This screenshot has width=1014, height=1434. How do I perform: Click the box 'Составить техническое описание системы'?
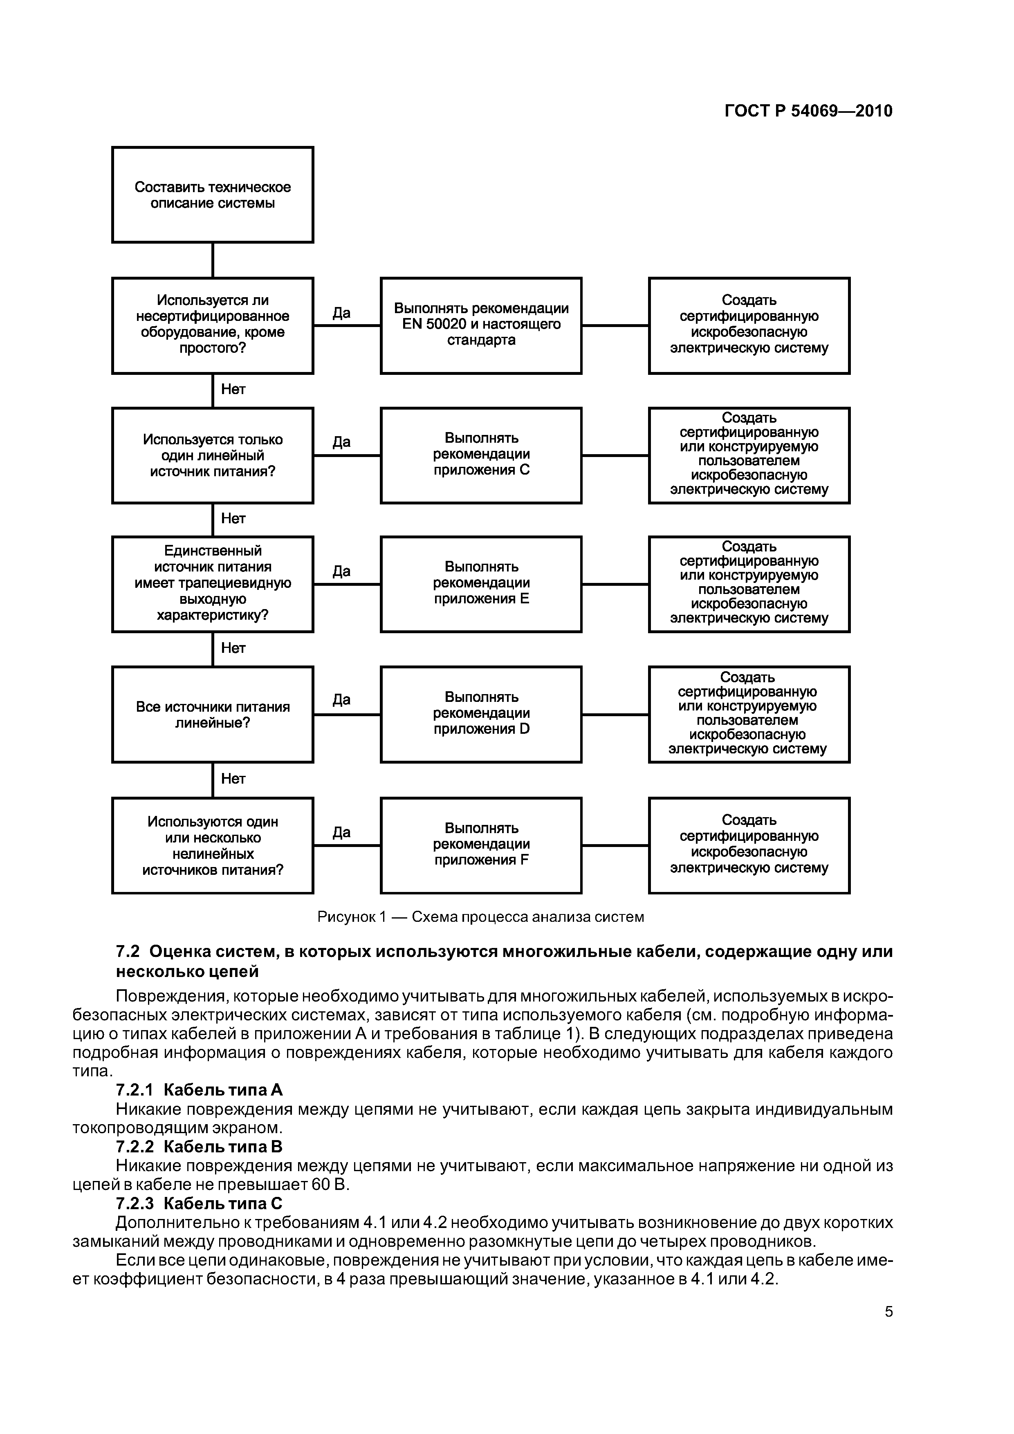click(213, 195)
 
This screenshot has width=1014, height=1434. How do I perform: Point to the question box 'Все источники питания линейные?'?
click(213, 714)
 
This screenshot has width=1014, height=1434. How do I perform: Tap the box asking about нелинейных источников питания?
click(213, 845)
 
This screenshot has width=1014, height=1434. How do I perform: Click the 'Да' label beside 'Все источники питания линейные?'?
click(341, 699)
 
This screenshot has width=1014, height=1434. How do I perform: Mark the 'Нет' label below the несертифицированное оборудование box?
click(233, 389)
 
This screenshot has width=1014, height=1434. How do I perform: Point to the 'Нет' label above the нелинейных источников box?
click(233, 778)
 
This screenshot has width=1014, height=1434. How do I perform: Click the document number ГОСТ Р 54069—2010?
click(808, 111)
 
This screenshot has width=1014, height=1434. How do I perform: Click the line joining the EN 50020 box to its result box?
click(615, 325)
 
